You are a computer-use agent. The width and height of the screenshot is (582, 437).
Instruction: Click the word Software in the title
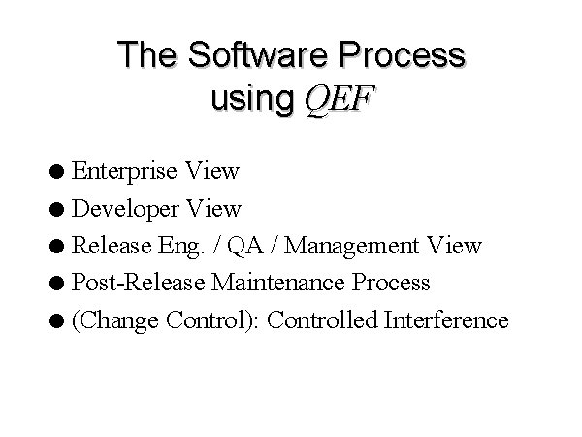[258, 54]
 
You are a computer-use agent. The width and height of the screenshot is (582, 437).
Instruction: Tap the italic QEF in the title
[339, 99]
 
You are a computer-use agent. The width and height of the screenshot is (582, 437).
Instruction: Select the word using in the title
[252, 99]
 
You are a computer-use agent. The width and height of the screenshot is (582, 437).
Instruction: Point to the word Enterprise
[123, 171]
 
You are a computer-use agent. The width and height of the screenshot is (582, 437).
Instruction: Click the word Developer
[125, 209]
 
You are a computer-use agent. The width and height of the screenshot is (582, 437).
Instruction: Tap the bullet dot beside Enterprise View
[56, 172]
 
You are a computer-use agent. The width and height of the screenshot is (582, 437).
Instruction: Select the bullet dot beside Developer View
[56, 209]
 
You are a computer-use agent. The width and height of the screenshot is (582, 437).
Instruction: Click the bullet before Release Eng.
[56, 246]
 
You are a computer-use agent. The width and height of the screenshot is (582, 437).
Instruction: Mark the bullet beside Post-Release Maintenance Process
[56, 284]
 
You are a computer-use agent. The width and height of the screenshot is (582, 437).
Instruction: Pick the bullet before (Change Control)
[56, 320]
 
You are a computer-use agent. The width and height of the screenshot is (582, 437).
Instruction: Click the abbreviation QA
[245, 246]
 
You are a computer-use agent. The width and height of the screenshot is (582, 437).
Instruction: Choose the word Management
[351, 247]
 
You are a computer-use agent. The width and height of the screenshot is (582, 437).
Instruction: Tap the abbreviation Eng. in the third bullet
[181, 247]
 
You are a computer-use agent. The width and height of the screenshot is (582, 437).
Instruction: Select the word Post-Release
[138, 282]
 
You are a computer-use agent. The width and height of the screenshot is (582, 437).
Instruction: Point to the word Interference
[446, 319]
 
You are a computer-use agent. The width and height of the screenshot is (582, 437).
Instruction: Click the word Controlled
[322, 319]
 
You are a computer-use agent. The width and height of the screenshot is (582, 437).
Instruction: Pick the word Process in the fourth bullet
[391, 282]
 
